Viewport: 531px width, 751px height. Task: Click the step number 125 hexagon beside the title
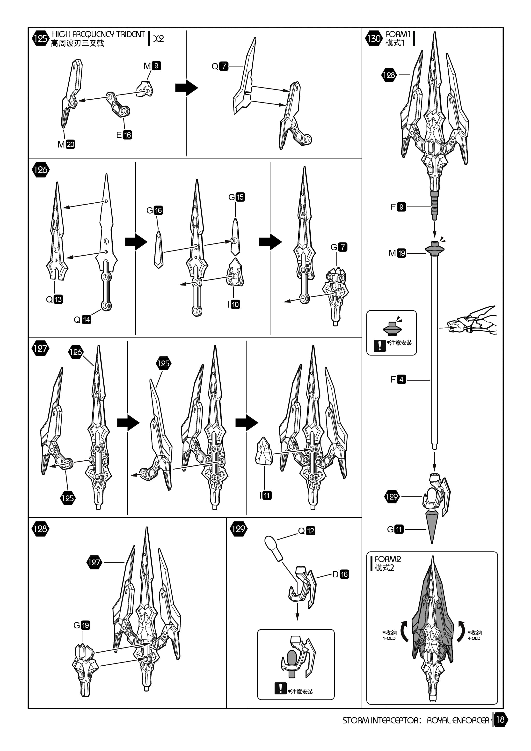pos(40,38)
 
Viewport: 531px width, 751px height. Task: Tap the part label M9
pos(152,66)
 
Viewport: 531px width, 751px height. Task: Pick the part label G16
pos(155,210)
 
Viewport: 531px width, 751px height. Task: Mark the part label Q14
pos(82,320)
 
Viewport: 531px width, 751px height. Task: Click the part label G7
pos(339,247)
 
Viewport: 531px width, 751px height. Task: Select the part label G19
pos(82,625)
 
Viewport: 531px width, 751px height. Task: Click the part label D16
pos(341,574)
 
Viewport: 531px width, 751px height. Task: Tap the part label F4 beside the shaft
pos(398,379)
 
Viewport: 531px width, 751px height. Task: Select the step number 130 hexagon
pos(374,38)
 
